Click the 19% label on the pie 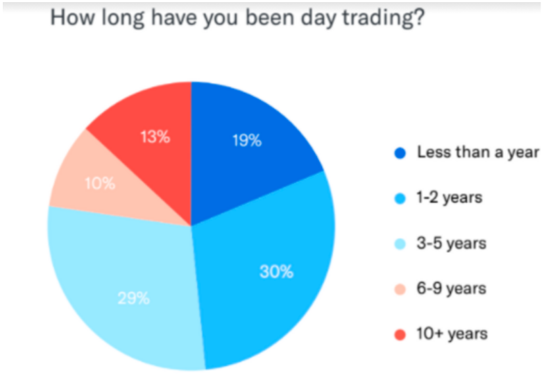pos(247,141)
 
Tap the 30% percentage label pos(277,271)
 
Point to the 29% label pos(134,298)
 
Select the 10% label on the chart pos(101,183)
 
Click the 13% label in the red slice pos(155,137)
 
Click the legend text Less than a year pos(478,153)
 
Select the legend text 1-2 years pos(450,198)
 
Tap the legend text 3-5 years pos(451,243)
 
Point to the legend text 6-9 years pos(451,288)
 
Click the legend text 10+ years pos(452,334)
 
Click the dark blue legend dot pos(400,153)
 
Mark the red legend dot pos(400,335)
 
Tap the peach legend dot pos(400,289)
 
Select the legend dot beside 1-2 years pos(400,198)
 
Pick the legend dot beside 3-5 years pos(400,244)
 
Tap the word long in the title pos(123,18)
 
